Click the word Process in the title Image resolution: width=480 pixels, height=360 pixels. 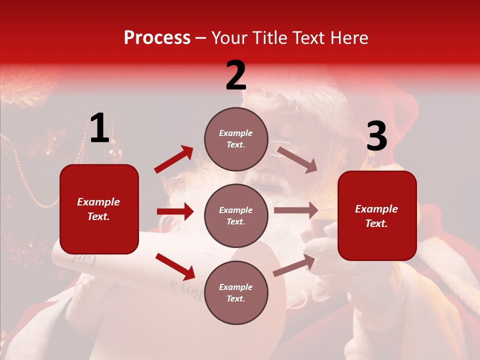pyautogui.click(x=157, y=38)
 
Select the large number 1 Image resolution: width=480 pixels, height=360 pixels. pyautogui.click(x=99, y=129)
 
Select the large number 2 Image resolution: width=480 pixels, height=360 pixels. pyautogui.click(x=236, y=76)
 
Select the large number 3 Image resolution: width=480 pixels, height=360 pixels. pyautogui.click(x=376, y=137)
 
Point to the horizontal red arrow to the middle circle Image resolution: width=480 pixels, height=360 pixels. pyautogui.click(x=175, y=211)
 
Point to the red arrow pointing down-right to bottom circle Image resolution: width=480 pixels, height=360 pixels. pyautogui.click(x=175, y=266)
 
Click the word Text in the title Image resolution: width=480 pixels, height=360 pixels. pyautogui.click(x=308, y=38)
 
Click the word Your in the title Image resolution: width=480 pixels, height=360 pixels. pyautogui.click(x=228, y=38)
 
